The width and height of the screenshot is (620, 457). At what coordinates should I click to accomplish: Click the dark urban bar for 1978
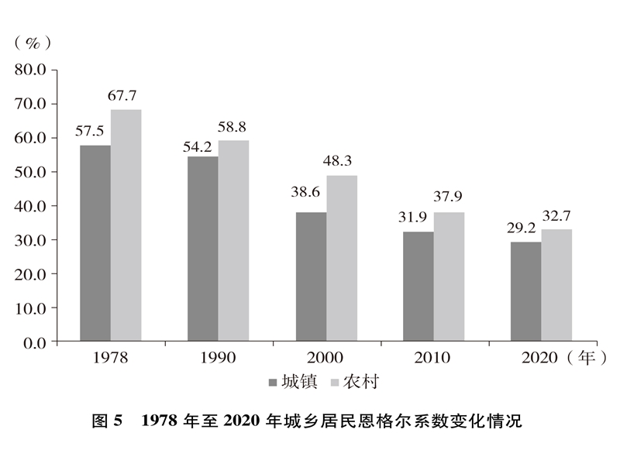pyautogui.click(x=95, y=243)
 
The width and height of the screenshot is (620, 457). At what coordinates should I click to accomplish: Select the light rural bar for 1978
pyautogui.click(x=126, y=225)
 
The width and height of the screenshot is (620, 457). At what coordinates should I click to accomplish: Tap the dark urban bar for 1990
pyautogui.click(x=202, y=249)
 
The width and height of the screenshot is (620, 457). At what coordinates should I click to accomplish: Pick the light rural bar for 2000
pyautogui.click(x=341, y=258)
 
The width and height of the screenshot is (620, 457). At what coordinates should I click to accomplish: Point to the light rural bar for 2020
pyautogui.click(x=556, y=285)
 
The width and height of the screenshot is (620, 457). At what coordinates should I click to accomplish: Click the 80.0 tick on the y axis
pyautogui.click(x=31, y=70)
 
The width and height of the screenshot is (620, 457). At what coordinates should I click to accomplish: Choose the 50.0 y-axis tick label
pyautogui.click(x=31, y=172)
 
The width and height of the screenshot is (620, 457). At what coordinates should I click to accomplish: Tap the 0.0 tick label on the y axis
pyautogui.click(x=35, y=342)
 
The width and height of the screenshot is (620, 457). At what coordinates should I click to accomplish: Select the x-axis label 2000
pyautogui.click(x=325, y=359)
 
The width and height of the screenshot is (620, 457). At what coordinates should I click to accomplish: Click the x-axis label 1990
pyautogui.click(x=218, y=359)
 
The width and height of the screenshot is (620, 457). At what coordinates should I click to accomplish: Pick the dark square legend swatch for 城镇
pyautogui.click(x=272, y=383)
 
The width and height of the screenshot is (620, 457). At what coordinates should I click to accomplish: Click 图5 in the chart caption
pyautogui.click(x=108, y=422)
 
